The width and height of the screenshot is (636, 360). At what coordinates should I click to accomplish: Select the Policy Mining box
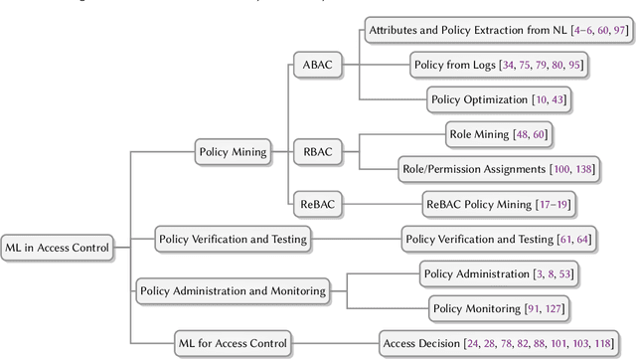234,152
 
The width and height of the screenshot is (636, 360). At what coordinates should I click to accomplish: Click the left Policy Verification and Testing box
233,239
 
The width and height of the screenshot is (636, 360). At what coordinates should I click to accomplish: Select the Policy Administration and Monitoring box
233,291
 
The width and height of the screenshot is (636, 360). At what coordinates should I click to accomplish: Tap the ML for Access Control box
232,343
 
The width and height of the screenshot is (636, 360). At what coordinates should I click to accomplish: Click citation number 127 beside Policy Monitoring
555,309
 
